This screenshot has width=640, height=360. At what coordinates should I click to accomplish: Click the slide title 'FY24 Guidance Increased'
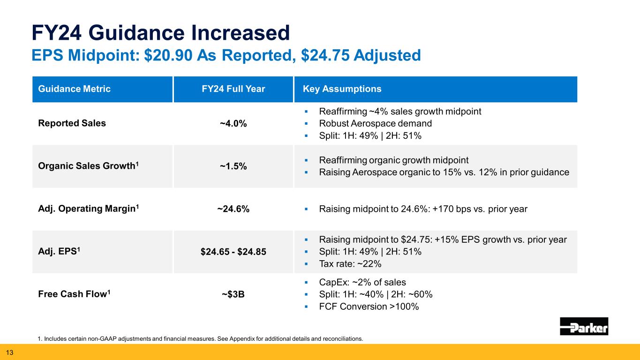click(160, 33)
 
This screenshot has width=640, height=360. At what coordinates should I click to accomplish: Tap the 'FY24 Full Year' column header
click(233, 89)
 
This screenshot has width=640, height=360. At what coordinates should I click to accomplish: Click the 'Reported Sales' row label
click(71, 123)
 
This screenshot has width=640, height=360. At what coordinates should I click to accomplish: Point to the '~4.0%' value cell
click(233, 124)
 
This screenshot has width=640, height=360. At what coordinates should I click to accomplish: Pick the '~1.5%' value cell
click(233, 167)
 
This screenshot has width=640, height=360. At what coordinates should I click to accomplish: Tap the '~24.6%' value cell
click(233, 210)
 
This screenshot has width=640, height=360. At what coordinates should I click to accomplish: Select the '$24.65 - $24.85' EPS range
click(233, 252)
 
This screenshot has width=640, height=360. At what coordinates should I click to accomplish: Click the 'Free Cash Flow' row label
click(74, 294)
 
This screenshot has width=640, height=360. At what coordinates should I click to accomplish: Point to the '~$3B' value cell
click(233, 295)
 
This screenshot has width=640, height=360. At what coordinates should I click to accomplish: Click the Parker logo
click(584, 326)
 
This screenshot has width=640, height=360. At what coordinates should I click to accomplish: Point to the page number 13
click(9, 352)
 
